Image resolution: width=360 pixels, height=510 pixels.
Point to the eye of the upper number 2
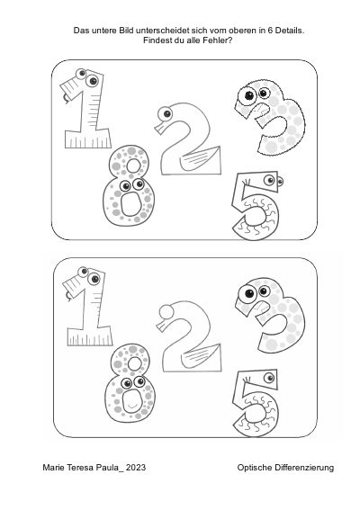166,114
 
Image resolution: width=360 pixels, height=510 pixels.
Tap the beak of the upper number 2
160,128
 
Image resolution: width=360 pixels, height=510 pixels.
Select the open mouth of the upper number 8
130,204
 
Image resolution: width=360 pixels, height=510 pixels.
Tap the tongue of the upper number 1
66,99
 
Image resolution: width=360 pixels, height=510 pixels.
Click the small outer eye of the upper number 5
280,181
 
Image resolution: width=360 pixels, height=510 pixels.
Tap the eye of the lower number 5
269,378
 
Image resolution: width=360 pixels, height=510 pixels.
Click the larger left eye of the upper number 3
248,95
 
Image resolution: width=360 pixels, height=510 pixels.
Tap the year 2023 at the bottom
135,468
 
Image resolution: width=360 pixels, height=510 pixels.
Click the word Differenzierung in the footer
304,468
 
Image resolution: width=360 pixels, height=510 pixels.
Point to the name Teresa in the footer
80,468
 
